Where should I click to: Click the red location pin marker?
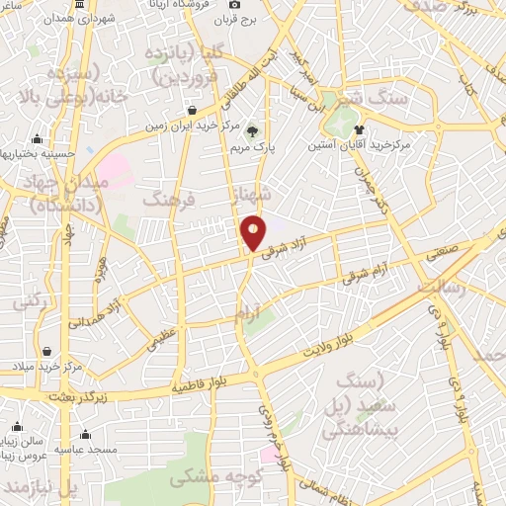[254, 232]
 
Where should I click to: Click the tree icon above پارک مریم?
[253, 128]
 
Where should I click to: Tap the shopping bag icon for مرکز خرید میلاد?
[46, 350]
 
